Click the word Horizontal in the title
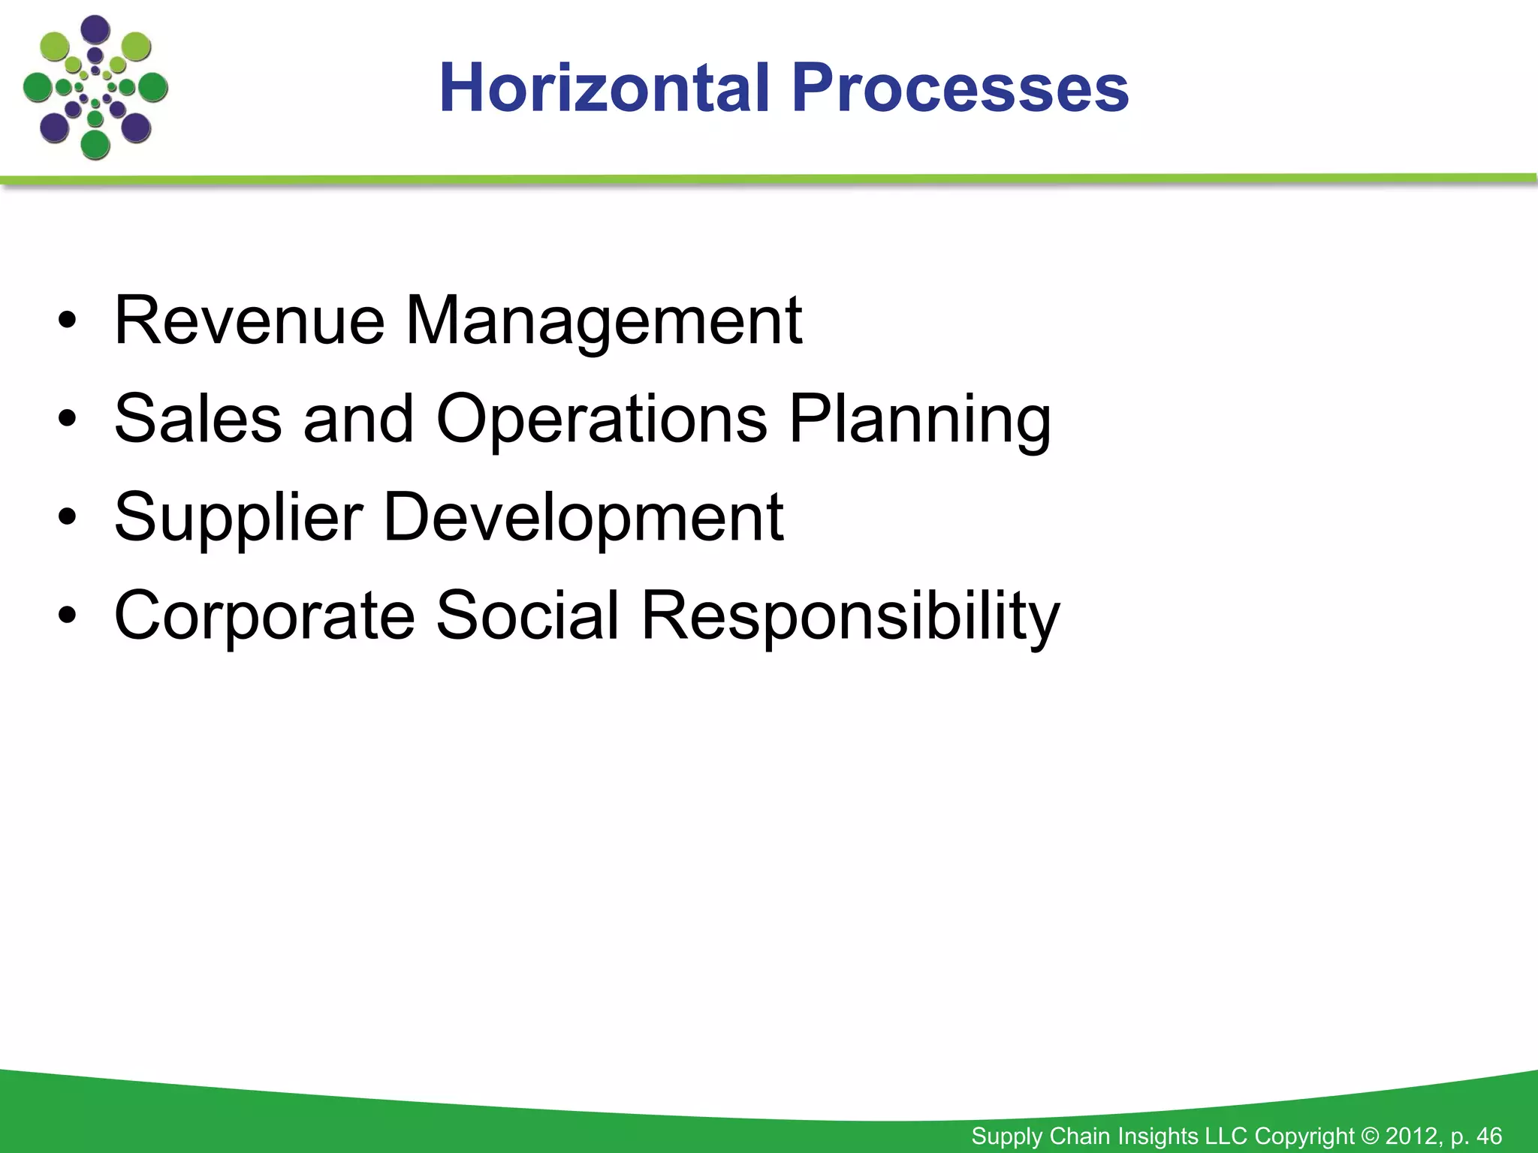605,89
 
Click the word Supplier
239,518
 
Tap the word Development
584,518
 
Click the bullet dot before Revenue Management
68,322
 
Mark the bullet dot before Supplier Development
68,518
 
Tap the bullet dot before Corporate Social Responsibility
68,616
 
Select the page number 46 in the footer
1488,1136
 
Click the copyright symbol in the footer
1371,1136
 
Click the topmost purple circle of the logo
95,29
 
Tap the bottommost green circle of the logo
95,144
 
